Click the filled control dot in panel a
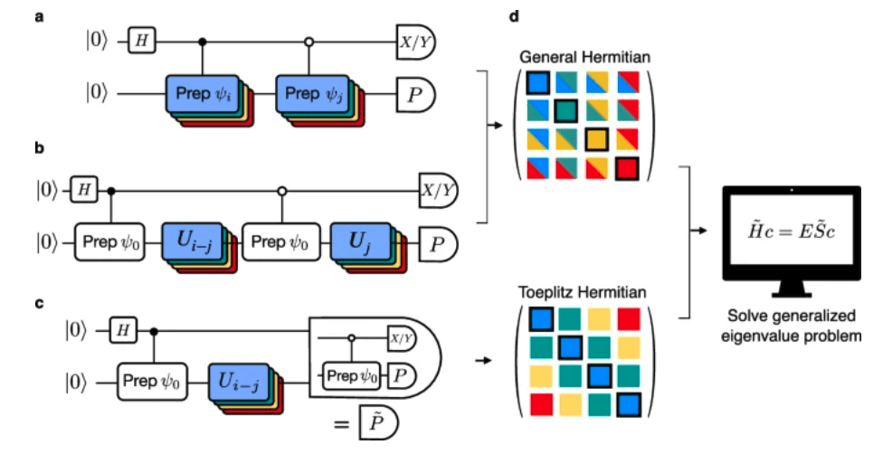203,40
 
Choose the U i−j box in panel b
193,242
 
